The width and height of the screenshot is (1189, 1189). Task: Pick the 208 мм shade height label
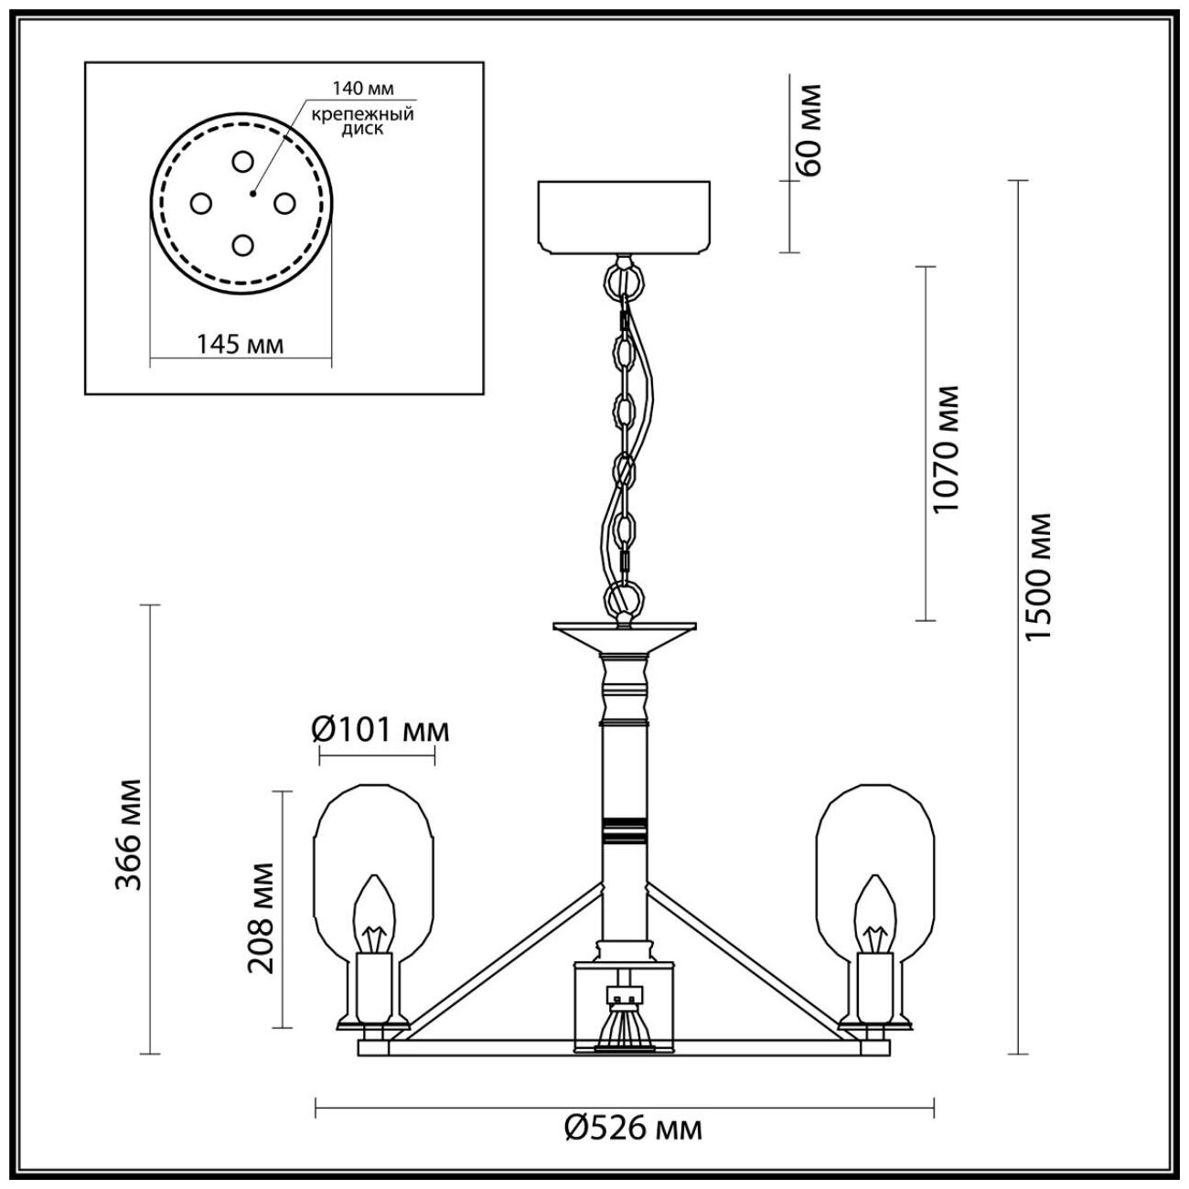tap(261, 917)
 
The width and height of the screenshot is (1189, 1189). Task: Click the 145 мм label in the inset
tap(241, 344)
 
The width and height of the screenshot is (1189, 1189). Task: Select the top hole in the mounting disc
tap(241, 162)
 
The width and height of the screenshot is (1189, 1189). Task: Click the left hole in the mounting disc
tap(200, 203)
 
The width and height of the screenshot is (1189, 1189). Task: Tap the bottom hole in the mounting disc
tap(241, 244)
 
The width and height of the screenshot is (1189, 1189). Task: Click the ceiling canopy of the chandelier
tap(625, 217)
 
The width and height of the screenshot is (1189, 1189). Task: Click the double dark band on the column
tap(625, 827)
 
